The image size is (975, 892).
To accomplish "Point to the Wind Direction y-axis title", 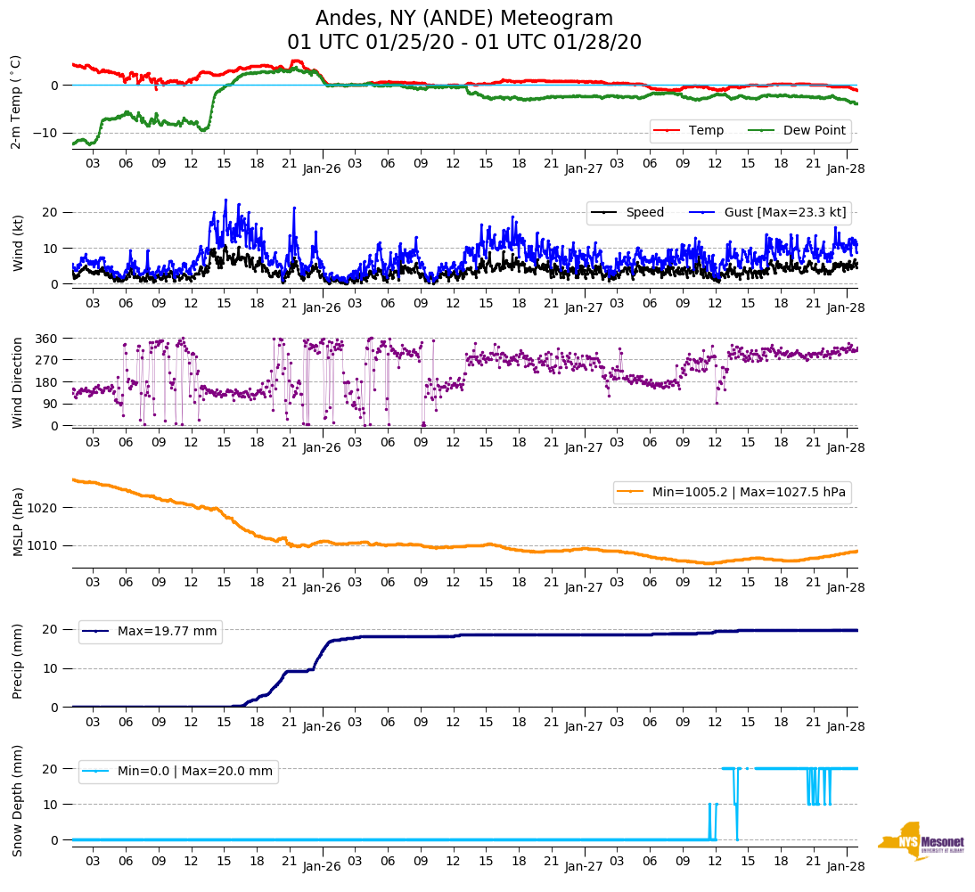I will tap(17, 381).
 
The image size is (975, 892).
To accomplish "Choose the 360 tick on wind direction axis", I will tap(48, 339).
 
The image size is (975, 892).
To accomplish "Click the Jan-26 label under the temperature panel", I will tap(322, 168).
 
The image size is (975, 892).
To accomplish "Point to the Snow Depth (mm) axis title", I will tap(17, 800).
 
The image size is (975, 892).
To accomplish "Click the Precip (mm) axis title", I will tap(17, 662).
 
